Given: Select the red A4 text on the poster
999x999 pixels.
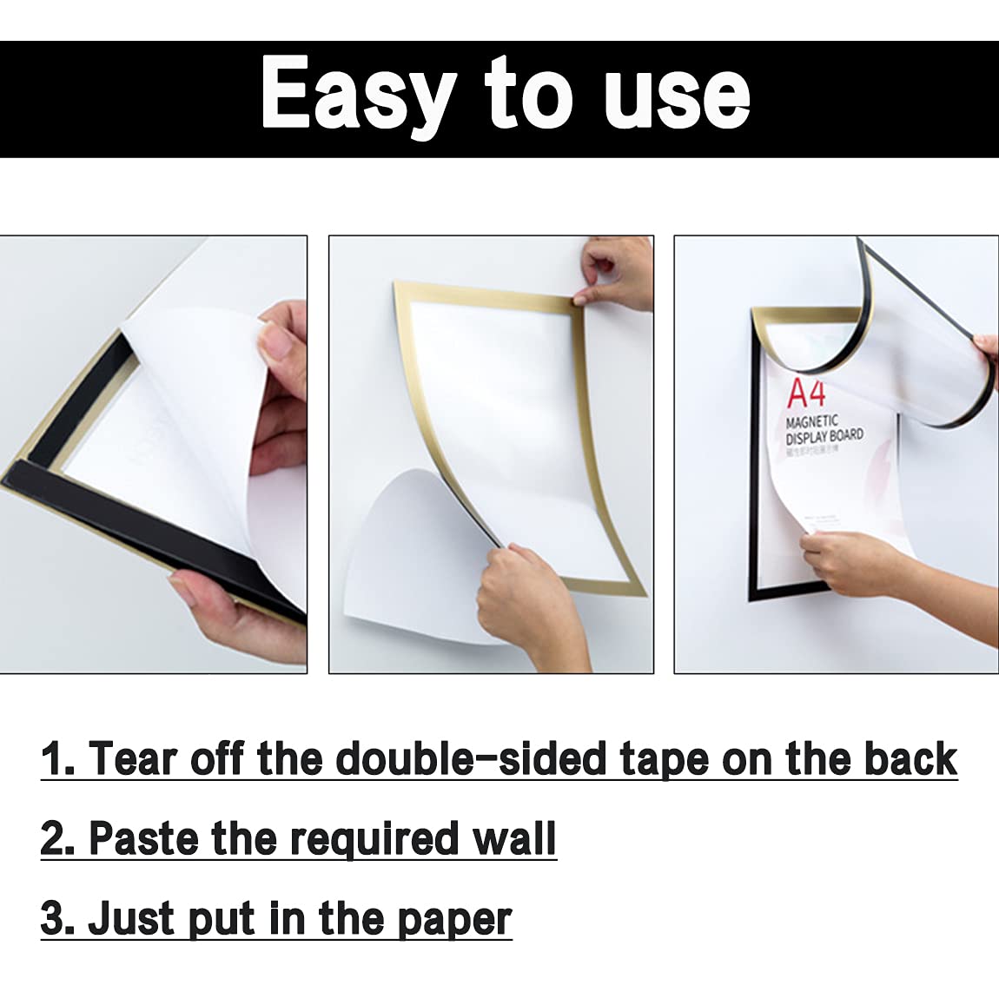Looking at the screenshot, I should (x=805, y=394).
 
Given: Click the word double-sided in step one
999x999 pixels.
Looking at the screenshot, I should (x=471, y=759).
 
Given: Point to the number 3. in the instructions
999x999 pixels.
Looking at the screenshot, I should (x=57, y=919).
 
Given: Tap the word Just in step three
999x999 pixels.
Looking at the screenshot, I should (x=130, y=919).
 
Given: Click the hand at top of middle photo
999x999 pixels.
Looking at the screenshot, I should (x=619, y=271).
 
